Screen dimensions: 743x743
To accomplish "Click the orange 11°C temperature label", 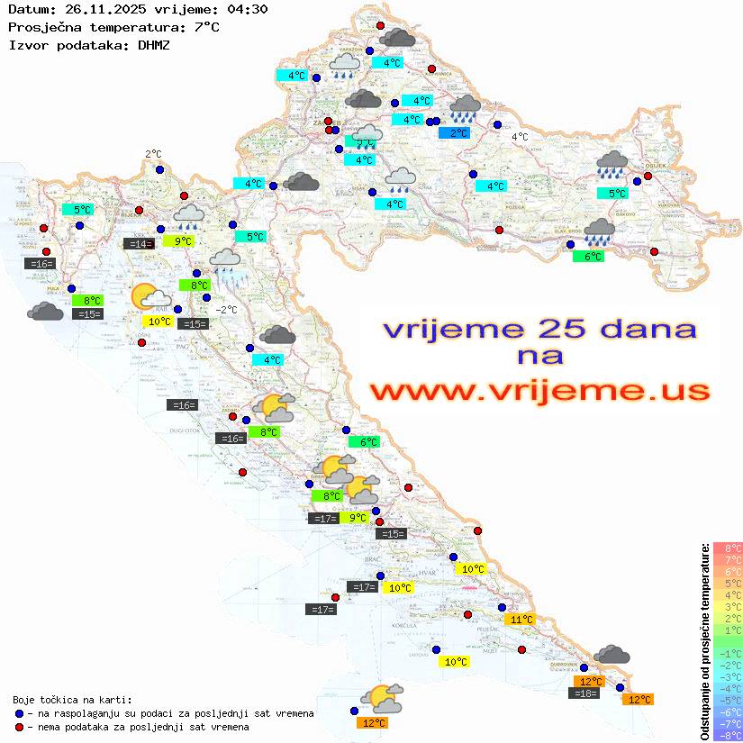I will point(521,619).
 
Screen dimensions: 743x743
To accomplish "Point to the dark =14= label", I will point(138,243).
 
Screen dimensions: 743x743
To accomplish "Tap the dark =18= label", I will point(585,693).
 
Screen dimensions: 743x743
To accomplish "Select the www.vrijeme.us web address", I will point(539,391).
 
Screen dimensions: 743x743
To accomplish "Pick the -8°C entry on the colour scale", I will point(728,735).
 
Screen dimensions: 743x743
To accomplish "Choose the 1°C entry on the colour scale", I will point(728,630).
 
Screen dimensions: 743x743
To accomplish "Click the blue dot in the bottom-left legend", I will point(20,713).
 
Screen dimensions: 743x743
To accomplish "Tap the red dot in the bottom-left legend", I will point(20,727).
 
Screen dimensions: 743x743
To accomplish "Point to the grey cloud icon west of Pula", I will point(45,312).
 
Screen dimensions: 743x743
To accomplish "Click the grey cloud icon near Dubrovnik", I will point(612,654).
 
